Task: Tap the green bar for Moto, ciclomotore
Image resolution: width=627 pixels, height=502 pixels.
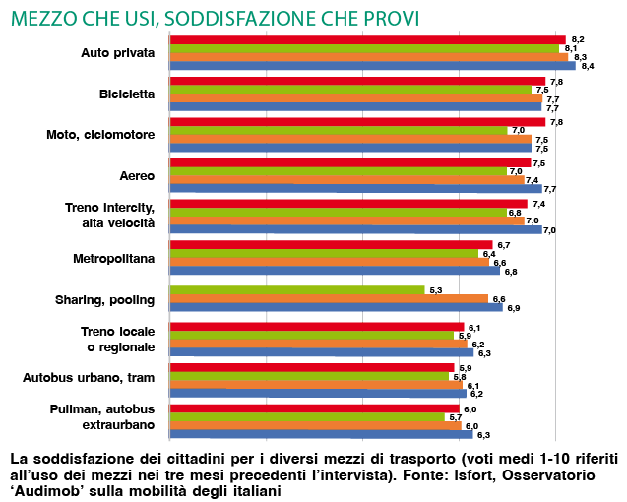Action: click(x=339, y=131)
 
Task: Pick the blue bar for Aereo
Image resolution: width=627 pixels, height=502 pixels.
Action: click(x=355, y=189)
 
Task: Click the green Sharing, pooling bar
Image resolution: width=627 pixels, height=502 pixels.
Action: click(x=297, y=290)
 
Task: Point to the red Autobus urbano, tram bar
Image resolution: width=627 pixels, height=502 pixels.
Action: click(x=312, y=367)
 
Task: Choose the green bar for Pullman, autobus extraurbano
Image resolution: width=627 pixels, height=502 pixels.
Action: click(x=307, y=417)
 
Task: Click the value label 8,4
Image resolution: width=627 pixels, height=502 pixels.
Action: click(x=588, y=66)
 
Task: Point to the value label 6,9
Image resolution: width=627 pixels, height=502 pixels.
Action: click(x=513, y=308)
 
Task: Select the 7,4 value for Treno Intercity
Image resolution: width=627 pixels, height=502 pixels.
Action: click(x=538, y=204)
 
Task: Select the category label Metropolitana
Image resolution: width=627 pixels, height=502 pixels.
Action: click(x=114, y=258)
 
